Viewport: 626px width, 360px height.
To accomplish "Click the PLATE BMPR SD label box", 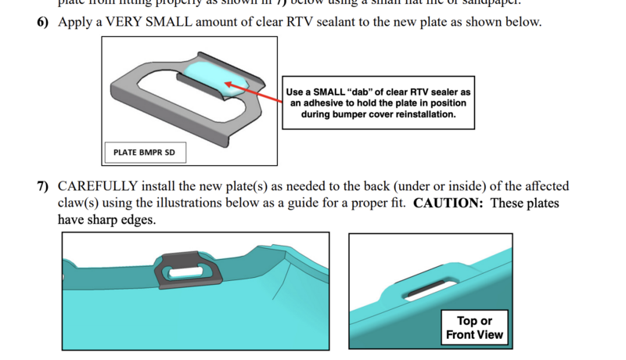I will coord(145,152).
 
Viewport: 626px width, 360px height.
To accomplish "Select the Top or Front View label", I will coord(474,328).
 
